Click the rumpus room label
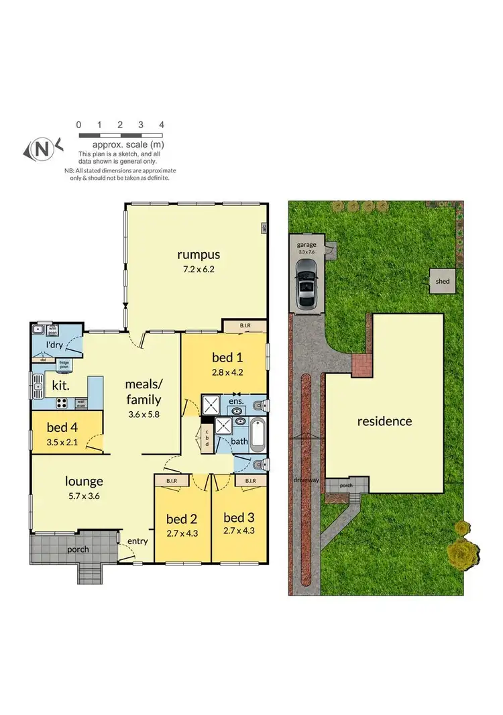tap(199, 254)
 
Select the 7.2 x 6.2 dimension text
tap(199, 269)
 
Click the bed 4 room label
tap(62, 427)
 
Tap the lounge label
tap(84, 481)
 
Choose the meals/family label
tap(144, 391)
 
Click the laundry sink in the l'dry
tap(39, 329)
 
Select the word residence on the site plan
tap(384, 421)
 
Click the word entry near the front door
tap(137, 541)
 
